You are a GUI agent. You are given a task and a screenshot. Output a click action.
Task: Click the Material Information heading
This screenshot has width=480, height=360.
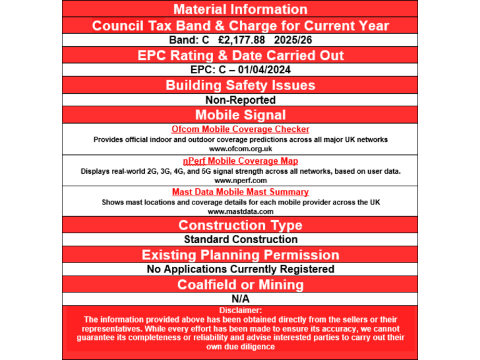[240, 9]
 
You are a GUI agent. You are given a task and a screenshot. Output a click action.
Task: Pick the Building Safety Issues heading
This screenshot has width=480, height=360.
[240, 85]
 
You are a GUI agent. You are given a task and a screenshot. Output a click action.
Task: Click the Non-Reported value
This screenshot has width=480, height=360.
[240, 100]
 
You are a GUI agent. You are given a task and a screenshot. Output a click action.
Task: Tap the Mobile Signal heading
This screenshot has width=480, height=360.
[240, 115]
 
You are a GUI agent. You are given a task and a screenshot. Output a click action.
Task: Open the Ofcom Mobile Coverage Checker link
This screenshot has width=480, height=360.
[240, 129]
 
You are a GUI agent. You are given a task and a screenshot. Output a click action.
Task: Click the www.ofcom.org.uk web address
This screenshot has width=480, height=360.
[240, 149]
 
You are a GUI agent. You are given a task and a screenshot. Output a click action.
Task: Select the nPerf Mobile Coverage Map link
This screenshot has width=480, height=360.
[240, 161]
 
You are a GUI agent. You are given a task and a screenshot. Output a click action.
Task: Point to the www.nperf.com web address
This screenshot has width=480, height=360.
[240, 180]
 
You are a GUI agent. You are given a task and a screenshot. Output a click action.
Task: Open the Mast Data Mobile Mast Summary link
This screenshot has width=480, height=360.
[240, 192]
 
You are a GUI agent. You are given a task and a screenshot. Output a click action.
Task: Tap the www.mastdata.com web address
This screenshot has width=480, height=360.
[240, 211]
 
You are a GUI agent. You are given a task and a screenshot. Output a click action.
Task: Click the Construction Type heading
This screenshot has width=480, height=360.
[240, 225]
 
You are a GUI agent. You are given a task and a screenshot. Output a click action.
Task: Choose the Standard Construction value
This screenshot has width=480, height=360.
[240, 239]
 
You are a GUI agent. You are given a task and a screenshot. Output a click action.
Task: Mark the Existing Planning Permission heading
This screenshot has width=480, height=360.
[240, 255]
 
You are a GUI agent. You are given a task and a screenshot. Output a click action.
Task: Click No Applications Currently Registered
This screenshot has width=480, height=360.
[240, 269]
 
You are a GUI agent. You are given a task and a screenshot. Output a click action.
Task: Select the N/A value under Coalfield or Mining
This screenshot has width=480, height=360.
[240, 299]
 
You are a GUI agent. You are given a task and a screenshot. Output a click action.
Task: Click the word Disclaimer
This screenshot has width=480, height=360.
[240, 310]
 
